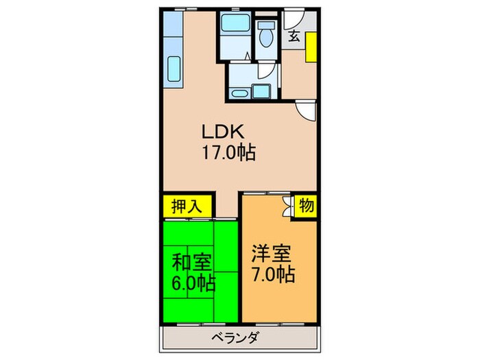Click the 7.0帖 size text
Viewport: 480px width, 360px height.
point(273,274)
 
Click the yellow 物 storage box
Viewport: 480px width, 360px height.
point(306,205)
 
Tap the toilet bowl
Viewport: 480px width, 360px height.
point(264,35)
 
